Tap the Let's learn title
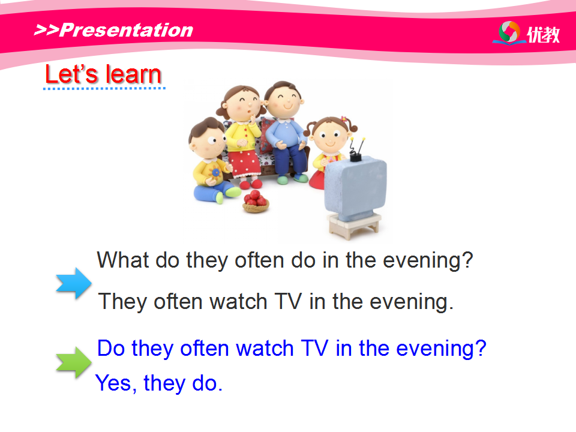(103, 74)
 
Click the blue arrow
(74, 283)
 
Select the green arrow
(74, 362)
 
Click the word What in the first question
(123, 260)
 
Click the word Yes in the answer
(113, 383)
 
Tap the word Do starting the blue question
(111, 348)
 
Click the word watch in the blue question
(265, 348)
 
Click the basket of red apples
(256, 202)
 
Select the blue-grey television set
(355, 188)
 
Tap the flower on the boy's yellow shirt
(215, 172)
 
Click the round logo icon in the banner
(509, 32)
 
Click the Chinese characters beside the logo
(544, 35)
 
